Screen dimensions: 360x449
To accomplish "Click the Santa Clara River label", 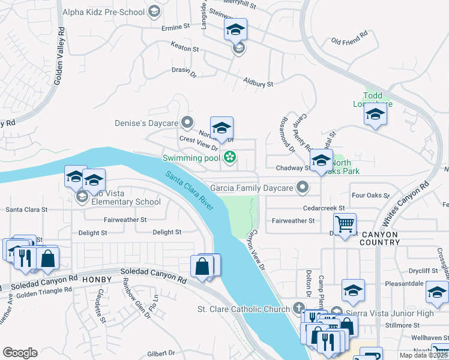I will [190, 191].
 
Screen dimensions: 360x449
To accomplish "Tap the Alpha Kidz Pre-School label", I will [112, 11].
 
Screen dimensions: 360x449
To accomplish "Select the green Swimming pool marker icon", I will [229, 158].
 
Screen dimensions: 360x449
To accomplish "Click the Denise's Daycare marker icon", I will [187, 123].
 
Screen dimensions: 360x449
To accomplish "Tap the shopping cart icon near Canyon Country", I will [345, 224].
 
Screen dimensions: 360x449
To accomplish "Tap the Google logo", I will [20, 352].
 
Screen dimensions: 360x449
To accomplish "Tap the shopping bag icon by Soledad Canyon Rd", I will [203, 266].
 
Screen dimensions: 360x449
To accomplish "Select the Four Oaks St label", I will [371, 196].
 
